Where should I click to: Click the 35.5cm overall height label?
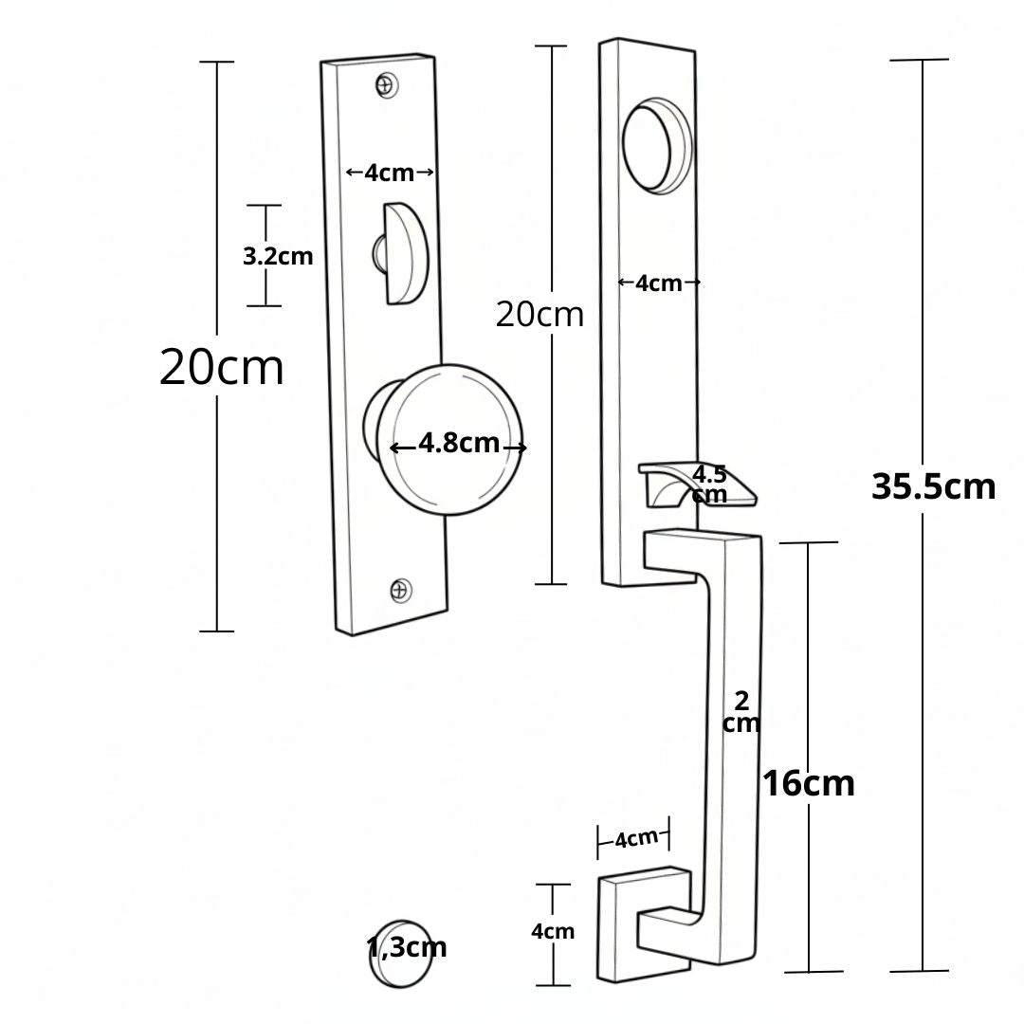coord(933,486)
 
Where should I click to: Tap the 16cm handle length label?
coord(809,783)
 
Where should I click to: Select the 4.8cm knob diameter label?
coord(459,443)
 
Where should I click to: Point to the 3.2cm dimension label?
coord(278,257)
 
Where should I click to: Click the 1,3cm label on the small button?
coord(407,947)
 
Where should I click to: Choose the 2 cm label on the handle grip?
coord(741,712)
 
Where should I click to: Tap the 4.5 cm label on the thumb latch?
coord(709,484)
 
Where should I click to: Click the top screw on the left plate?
coord(387,85)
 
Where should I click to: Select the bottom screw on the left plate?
coord(401,591)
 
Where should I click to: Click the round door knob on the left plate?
coord(444,440)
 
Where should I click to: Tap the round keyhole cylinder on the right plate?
coord(657,146)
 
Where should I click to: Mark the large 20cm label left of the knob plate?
coord(221,367)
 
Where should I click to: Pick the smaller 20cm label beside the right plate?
coord(539,315)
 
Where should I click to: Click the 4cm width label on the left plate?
coord(390,174)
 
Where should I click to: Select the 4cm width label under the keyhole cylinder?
coord(658,283)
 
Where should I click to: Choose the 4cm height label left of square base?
coord(553,931)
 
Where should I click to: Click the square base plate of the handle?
coord(644,924)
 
